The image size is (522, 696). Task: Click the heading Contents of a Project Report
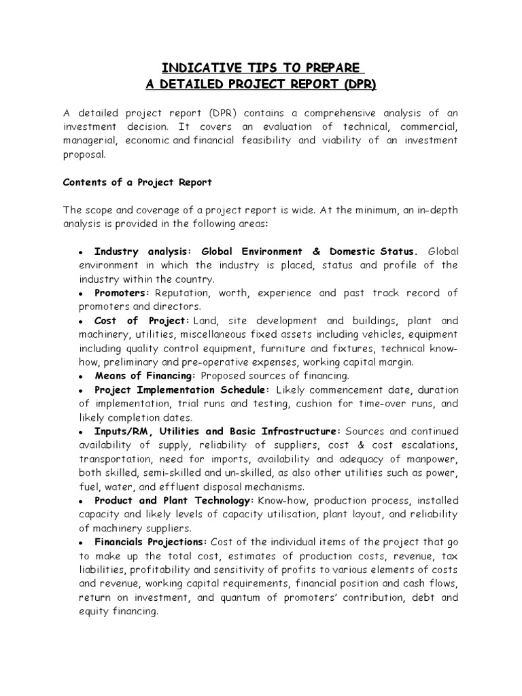point(137,182)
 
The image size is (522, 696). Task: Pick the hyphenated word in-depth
point(436,210)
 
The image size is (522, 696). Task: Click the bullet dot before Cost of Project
point(80,321)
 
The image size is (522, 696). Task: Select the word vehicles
point(364,334)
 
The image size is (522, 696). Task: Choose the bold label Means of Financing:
point(145,376)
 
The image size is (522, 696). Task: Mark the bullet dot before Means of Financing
point(80,377)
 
